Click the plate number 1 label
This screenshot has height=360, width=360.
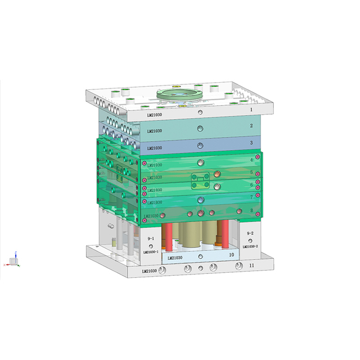(251, 110)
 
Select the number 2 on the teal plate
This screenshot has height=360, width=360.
(251, 126)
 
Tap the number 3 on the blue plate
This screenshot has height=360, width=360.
(251, 143)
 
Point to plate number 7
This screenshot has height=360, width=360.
(251, 196)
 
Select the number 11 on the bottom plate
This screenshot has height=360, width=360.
(251, 265)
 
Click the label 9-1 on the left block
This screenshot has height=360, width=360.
(151, 239)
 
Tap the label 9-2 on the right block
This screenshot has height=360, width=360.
(250, 233)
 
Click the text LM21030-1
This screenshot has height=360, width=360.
(154, 252)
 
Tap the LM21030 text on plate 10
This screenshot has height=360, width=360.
(175, 258)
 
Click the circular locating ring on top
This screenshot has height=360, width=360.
(181, 92)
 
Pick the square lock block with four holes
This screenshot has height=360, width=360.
(201, 179)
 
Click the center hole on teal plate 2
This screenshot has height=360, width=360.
(200, 130)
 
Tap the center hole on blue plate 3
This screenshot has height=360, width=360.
(200, 146)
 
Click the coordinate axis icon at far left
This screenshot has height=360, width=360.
(13, 260)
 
